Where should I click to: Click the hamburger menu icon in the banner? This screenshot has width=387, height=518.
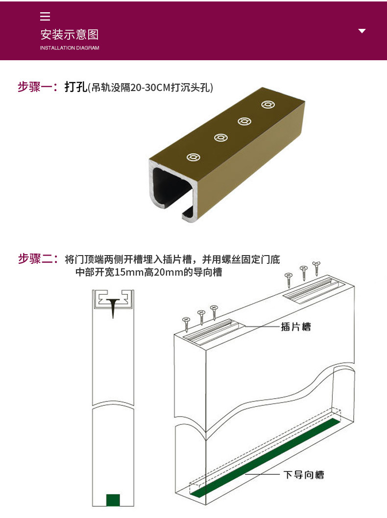point(45,17)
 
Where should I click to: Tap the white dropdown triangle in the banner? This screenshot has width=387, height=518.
point(362,31)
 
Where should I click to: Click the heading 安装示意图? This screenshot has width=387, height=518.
point(70,34)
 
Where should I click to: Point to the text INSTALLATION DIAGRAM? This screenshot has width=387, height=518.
point(70,48)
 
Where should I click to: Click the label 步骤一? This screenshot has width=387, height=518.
point(37,87)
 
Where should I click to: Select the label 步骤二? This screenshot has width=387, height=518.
point(37,259)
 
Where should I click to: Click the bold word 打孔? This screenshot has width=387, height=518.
point(75,87)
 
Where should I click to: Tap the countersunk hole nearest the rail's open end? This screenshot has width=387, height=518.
point(193,157)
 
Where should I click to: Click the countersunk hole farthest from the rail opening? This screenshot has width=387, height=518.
point(268,104)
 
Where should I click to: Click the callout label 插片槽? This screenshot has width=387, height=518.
point(296,327)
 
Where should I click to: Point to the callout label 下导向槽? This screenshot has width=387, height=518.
point(304,474)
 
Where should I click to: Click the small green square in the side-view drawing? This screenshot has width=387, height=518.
point(113,500)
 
